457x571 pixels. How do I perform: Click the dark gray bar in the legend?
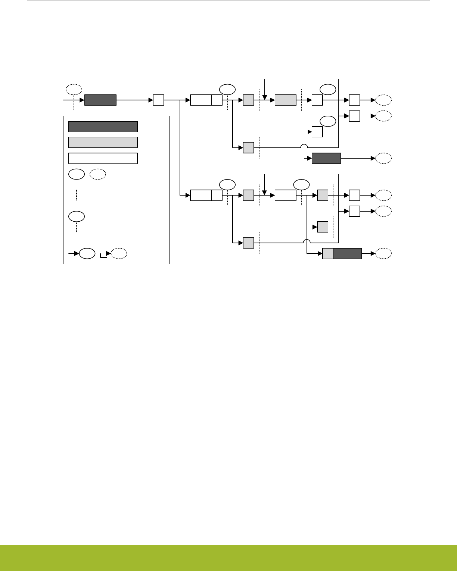[103, 127]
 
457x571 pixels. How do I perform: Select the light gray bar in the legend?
[103, 142]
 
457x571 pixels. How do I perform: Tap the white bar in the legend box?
[103, 158]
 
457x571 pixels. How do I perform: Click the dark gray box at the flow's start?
[100, 100]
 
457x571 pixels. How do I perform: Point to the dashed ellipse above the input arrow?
[74, 89]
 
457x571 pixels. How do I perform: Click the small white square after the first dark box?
[159, 100]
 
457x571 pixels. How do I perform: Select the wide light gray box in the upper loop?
[286, 100]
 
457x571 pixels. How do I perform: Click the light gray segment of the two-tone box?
[328, 253]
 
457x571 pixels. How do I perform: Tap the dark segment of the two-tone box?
[347, 253]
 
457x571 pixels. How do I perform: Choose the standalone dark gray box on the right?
[326, 158]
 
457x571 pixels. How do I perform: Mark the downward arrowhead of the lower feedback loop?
[264, 193]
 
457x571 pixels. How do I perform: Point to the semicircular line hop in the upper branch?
[305, 146]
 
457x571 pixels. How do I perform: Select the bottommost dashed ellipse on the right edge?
[383, 253]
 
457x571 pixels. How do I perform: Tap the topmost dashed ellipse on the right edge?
[383, 100]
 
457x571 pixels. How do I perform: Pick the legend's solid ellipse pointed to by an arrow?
[87, 253]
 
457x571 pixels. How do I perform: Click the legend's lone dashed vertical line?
[76, 195]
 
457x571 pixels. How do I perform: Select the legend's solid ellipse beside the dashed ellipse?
[76, 174]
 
